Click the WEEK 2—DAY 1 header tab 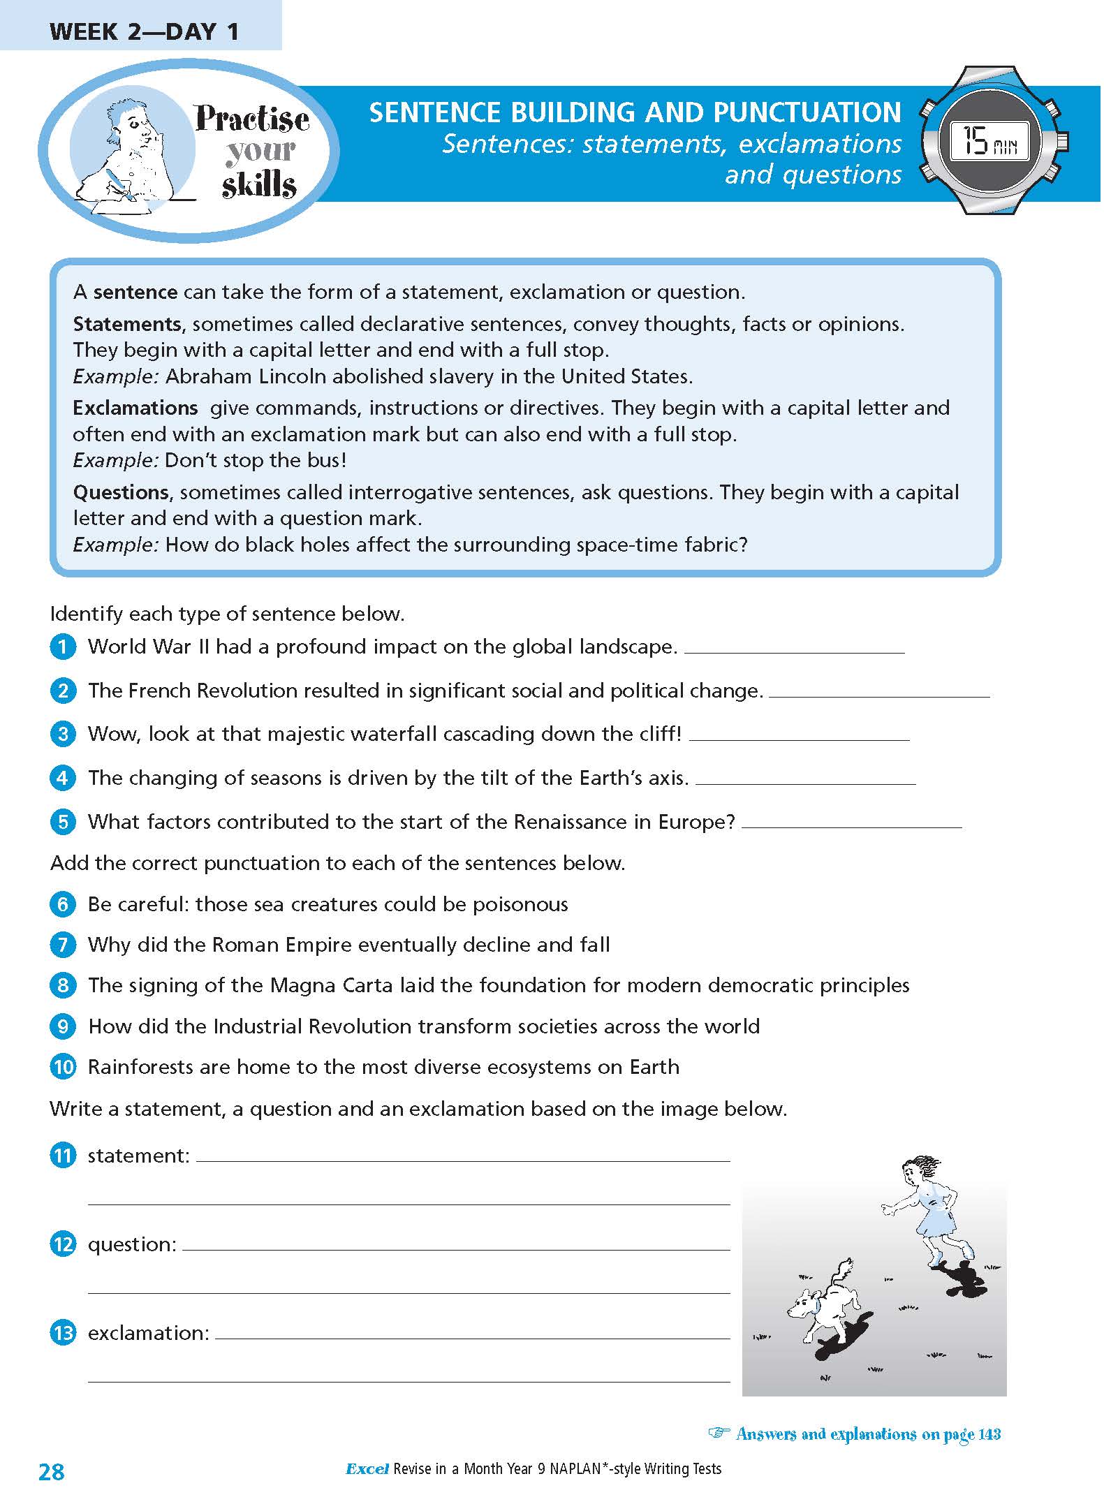click(x=144, y=32)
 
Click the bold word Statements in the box click(x=126, y=324)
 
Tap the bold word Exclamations click(x=135, y=408)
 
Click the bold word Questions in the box click(x=121, y=492)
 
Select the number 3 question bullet click(x=63, y=734)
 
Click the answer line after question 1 click(x=794, y=650)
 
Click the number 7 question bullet click(x=63, y=945)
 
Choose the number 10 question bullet click(x=63, y=1067)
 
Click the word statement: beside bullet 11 click(x=138, y=1156)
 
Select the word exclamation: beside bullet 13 click(x=148, y=1333)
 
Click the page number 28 click(x=52, y=1472)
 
